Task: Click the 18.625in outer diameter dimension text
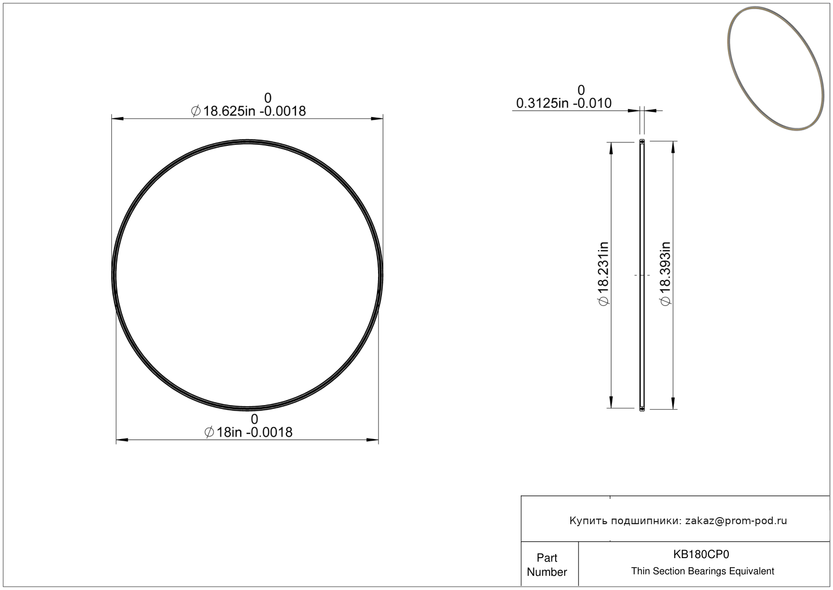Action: click(248, 111)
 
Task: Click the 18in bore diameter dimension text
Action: click(248, 432)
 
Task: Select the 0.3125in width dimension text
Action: click(564, 103)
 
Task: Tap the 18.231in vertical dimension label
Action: click(603, 274)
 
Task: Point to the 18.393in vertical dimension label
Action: click(665, 274)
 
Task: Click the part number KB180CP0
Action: click(701, 554)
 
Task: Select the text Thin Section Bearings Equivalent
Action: click(702, 571)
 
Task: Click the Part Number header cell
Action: click(547, 565)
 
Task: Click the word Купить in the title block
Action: click(589, 521)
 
